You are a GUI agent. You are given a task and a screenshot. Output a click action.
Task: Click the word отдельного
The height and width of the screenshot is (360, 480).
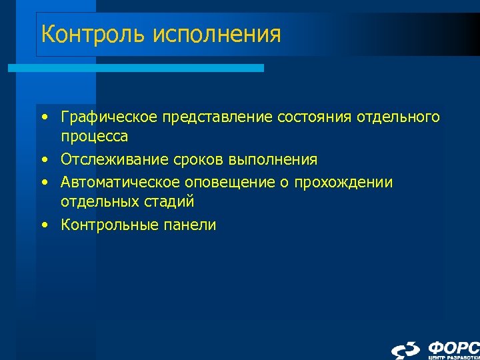coord(398,117)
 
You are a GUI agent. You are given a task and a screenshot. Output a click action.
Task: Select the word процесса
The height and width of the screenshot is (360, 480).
coord(94,136)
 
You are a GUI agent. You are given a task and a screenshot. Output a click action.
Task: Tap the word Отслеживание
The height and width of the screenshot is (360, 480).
coord(115,160)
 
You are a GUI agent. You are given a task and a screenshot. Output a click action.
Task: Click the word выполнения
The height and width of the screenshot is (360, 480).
coord(273,160)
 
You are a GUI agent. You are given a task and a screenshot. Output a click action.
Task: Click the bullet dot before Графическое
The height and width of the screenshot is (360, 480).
coord(43,118)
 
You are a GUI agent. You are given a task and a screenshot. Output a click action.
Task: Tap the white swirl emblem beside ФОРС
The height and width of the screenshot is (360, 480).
coord(406,349)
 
